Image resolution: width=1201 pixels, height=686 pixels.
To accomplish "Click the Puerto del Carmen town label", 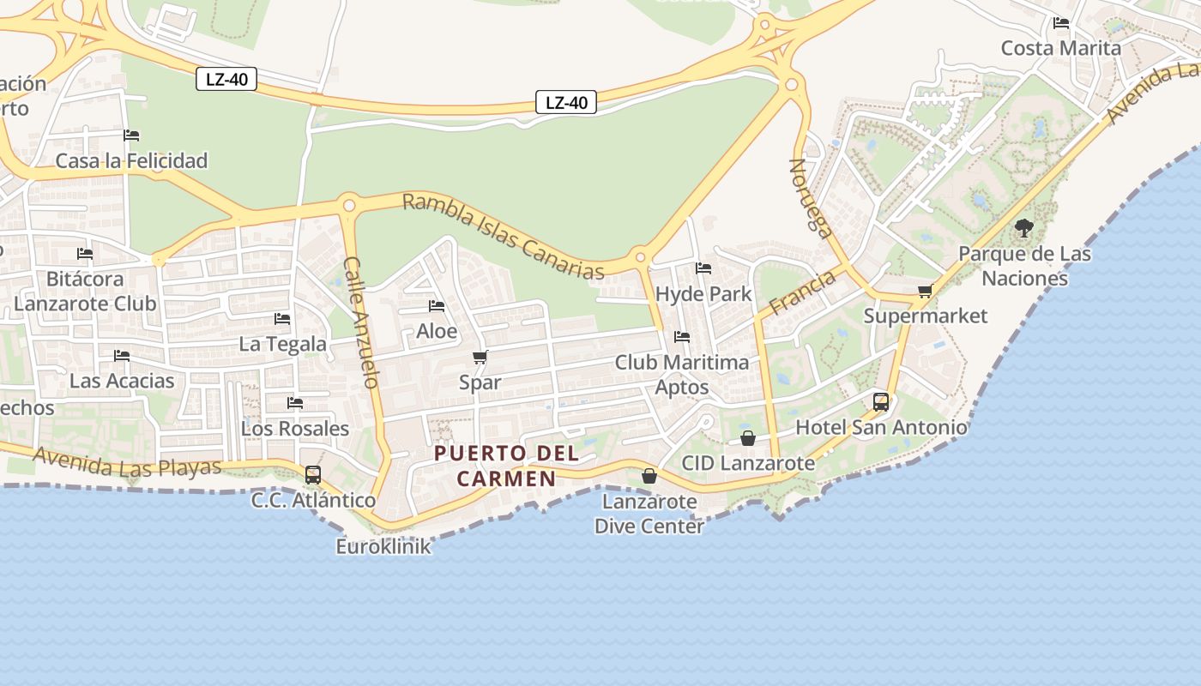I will click(x=506, y=466).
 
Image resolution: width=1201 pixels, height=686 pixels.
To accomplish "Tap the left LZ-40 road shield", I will click(x=227, y=80).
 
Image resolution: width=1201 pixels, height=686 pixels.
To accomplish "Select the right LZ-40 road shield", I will click(x=566, y=103).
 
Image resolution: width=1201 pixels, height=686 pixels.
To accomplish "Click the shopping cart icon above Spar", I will click(x=480, y=357).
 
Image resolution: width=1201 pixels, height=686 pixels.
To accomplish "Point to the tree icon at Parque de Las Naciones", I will click(x=1023, y=228).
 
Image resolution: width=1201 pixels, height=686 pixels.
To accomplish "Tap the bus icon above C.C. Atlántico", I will click(x=313, y=474).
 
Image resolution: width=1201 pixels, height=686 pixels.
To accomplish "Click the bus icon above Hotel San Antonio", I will click(x=881, y=401).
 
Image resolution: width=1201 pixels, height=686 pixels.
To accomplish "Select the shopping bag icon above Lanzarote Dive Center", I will click(x=649, y=475).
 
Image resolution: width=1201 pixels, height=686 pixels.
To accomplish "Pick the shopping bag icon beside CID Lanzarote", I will click(x=748, y=438).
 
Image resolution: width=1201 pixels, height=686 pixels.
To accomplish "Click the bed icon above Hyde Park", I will click(x=703, y=268).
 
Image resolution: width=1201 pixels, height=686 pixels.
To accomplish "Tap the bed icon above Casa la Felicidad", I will click(x=131, y=135).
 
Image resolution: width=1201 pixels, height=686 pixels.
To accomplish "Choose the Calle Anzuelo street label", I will click(x=361, y=322).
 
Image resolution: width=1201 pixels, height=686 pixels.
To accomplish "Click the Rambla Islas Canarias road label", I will click(x=504, y=236).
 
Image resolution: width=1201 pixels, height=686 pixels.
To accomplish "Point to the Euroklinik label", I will click(x=383, y=546).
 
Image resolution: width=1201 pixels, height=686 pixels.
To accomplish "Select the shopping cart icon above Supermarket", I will click(x=925, y=291).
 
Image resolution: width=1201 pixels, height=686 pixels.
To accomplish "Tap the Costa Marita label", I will click(x=1061, y=48).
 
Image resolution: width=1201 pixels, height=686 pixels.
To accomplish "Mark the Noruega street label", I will click(x=811, y=197).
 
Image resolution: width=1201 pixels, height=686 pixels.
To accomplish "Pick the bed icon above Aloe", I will click(x=437, y=306).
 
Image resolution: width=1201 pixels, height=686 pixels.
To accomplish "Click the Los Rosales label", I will click(x=295, y=428).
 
